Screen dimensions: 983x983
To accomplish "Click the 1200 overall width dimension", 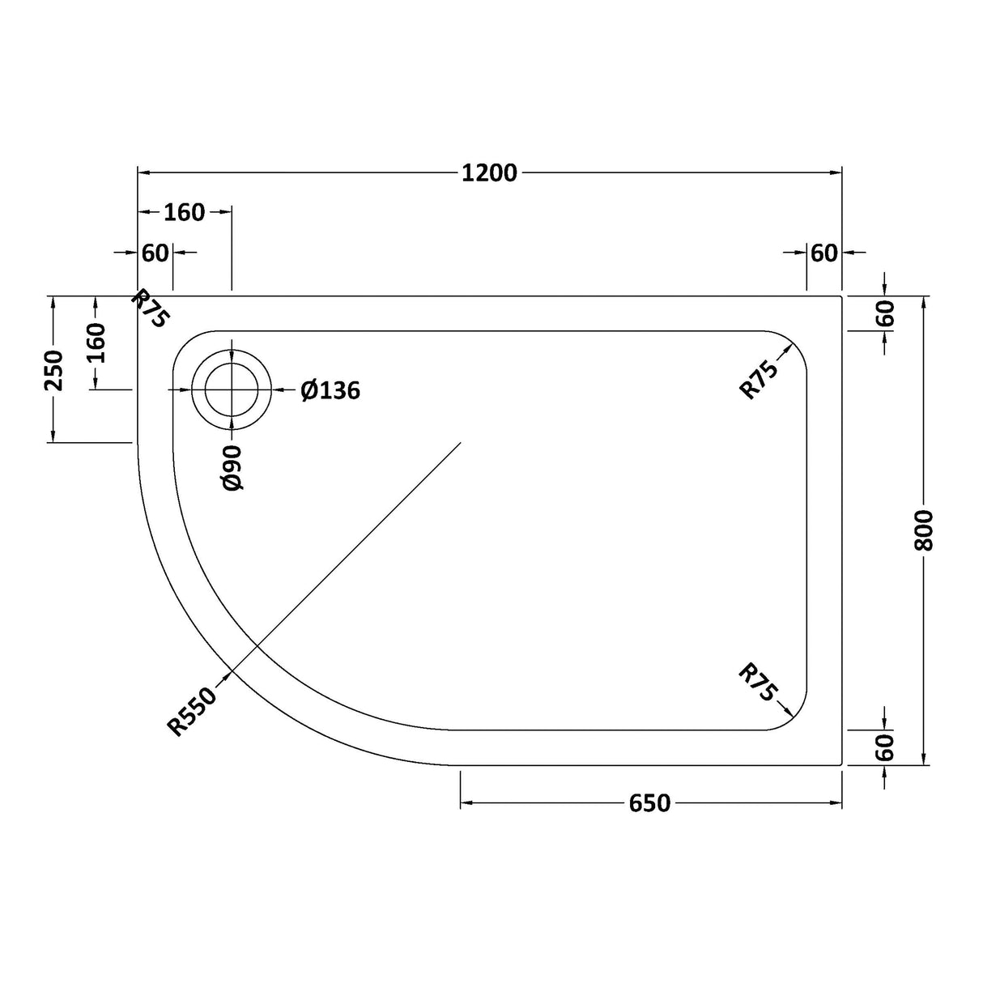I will pyautogui.click(x=489, y=172).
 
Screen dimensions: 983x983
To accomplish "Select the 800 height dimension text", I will pyautogui.click(x=924, y=530).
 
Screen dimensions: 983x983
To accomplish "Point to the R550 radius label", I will pyautogui.click(x=193, y=711).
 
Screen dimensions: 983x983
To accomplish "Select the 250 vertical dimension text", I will pyautogui.click(x=53, y=369).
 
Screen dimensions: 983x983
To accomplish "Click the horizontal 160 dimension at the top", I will pyautogui.click(x=185, y=212).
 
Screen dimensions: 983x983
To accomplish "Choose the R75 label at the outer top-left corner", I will pyautogui.click(x=150, y=309).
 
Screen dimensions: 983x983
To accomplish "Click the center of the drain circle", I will pyautogui.click(x=232, y=390).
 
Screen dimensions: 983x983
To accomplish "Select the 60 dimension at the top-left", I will pyautogui.click(x=155, y=253).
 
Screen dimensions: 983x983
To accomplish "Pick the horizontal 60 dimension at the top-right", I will pyautogui.click(x=823, y=253).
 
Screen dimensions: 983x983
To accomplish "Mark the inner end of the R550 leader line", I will pyautogui.click(x=460, y=443).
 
